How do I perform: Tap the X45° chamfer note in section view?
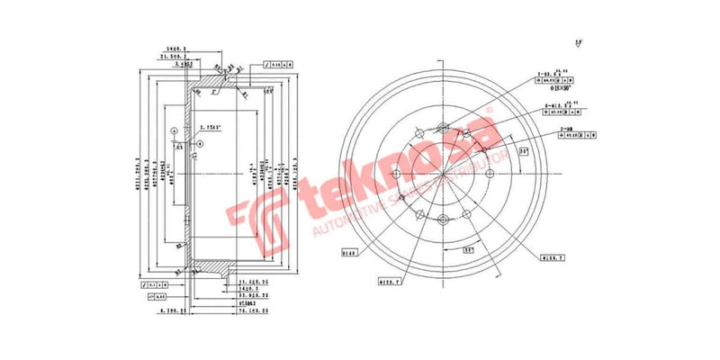pyautogui.click(x=213, y=127)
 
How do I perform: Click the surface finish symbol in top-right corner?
pyautogui.click(x=577, y=42)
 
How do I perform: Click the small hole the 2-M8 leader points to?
pyautogui.click(x=483, y=148)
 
